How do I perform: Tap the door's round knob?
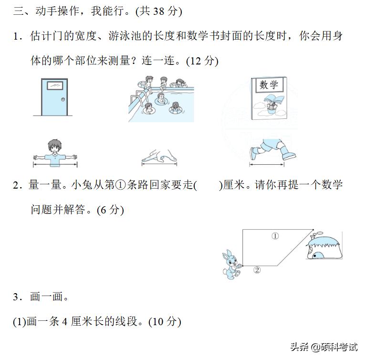[63, 98]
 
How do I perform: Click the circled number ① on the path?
[275, 235]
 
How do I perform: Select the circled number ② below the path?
[257, 270]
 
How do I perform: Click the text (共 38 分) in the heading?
[158, 11]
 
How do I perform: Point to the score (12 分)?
[202, 61]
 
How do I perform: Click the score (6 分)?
[110, 210]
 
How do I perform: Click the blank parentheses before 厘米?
[209, 185]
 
